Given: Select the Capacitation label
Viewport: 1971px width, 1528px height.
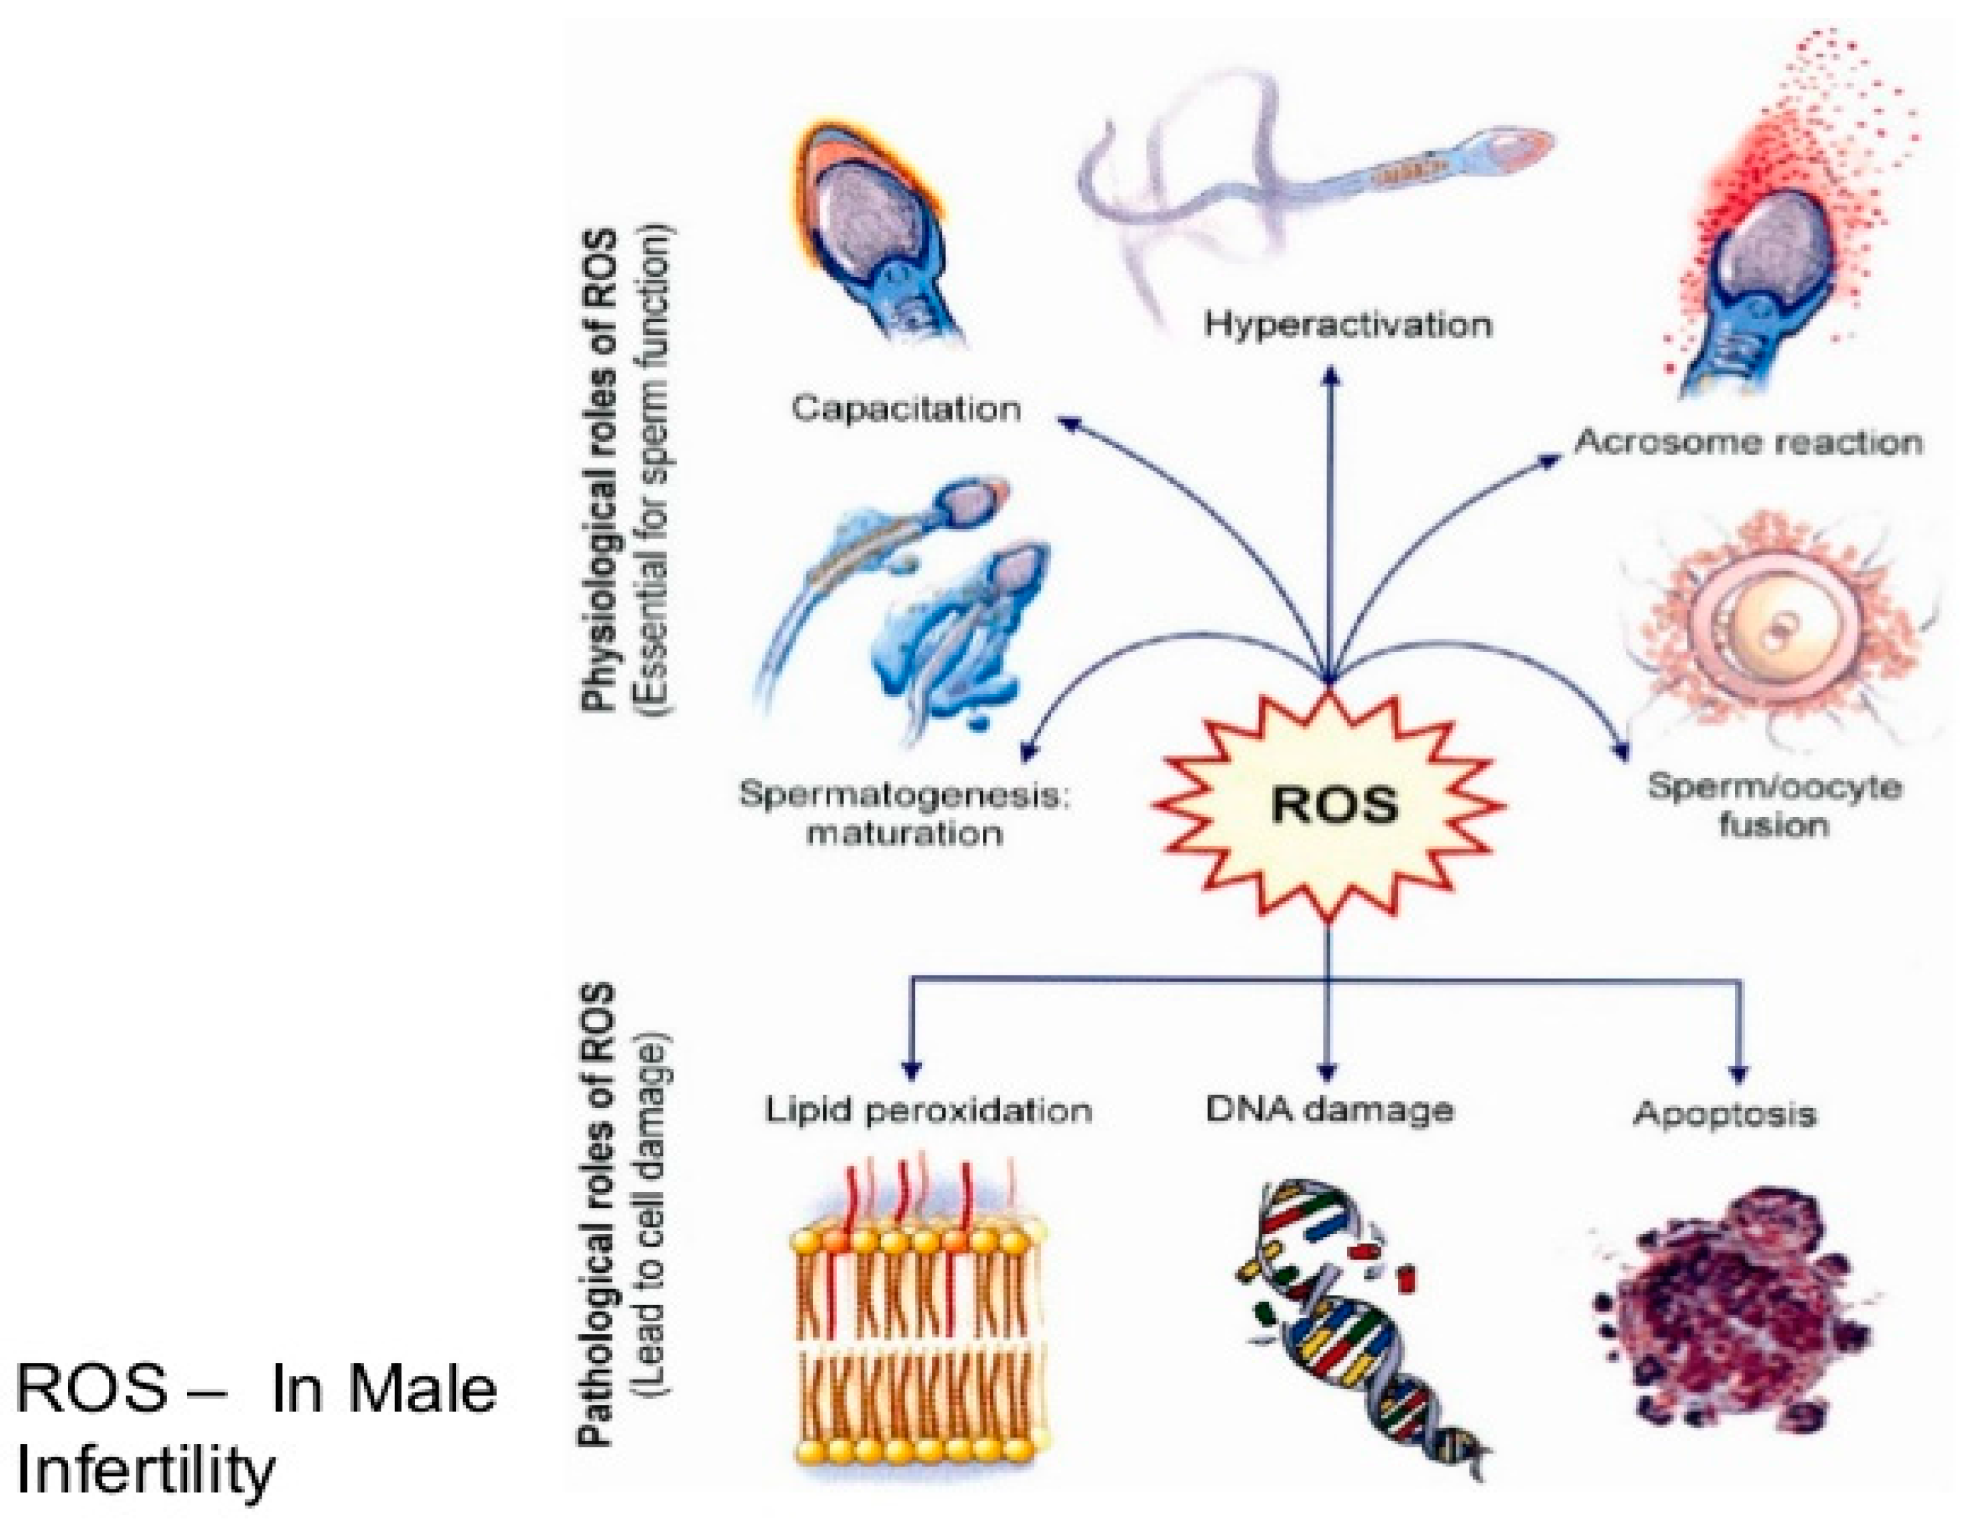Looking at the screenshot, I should [x=906, y=409].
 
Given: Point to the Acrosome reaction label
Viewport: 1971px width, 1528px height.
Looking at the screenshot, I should [x=1748, y=442].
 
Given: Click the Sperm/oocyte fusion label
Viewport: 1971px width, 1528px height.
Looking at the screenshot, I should [x=1774, y=805].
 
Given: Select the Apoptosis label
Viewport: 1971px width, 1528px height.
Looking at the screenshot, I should [x=1725, y=1114].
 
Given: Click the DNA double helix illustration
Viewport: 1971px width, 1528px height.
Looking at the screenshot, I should [x=1353, y=1327].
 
